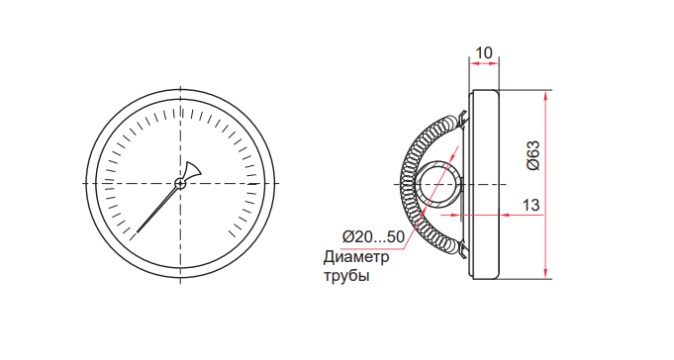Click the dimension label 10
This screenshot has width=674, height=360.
point(484,52)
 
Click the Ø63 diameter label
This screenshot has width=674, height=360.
point(533,155)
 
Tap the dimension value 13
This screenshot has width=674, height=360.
point(530,205)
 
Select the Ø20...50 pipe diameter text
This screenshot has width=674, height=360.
point(373,236)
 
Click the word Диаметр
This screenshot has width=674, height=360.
point(356,257)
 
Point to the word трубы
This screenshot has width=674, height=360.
point(346,275)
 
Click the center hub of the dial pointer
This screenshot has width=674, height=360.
point(180,184)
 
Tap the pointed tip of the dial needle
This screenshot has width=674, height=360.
point(138,232)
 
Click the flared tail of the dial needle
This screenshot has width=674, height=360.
point(192,170)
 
